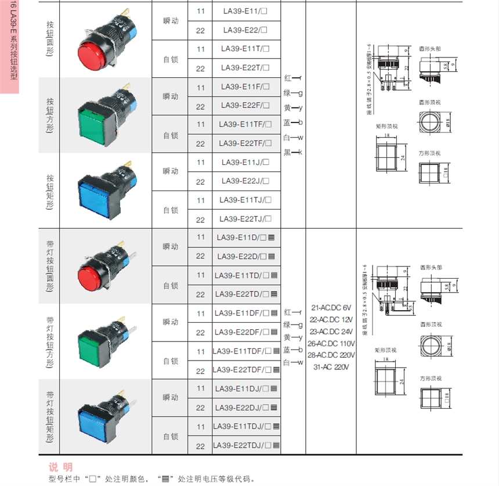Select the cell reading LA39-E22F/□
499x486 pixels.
[246, 106]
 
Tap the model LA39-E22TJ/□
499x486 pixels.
[246, 219]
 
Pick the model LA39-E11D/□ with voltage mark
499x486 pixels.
[246, 237]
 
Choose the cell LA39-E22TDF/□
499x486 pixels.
[246, 370]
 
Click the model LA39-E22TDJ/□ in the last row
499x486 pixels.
[246, 446]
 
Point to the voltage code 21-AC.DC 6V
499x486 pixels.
[331, 307]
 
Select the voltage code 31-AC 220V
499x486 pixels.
[331, 367]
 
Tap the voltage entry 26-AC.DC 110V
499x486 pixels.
[331, 343]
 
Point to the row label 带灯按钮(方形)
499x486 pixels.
[49, 342]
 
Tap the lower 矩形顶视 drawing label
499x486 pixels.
[386, 350]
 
